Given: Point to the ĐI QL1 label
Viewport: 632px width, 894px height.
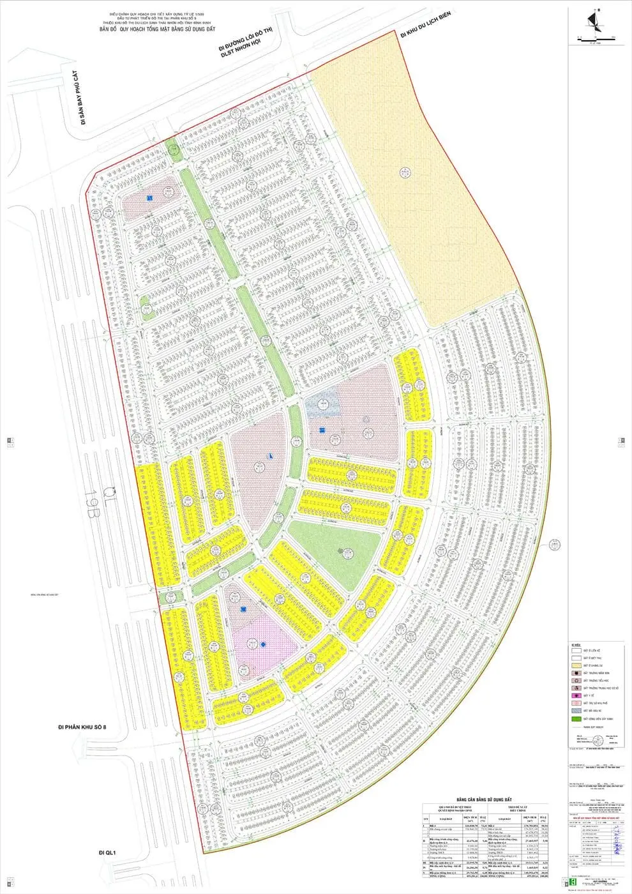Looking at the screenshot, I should click(106, 852).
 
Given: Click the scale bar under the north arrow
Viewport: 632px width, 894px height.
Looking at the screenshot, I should click(594, 40).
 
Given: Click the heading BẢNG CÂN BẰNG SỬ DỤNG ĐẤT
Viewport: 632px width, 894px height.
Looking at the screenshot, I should click(484, 799).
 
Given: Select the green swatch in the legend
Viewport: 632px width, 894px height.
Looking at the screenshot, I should click(576, 719).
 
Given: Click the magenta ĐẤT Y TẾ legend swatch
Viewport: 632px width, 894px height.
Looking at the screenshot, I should click(576, 695).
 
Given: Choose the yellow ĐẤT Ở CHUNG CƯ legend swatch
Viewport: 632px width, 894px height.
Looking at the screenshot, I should click(576, 665).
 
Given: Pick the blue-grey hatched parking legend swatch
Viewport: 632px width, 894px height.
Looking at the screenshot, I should click(576, 711).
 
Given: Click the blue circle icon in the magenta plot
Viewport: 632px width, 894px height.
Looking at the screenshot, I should click(263, 645).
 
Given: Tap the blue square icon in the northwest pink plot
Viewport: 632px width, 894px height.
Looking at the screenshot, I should click(149, 199).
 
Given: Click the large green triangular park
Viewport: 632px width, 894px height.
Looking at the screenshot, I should click(335, 549).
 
